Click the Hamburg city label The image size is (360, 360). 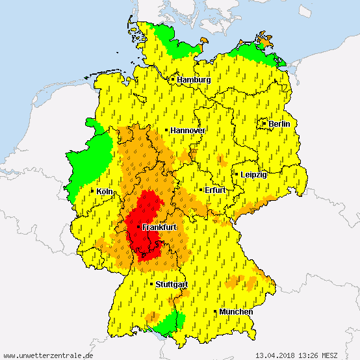pos(194,80)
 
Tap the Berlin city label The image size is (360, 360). pos(279,123)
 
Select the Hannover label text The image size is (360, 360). pos(188,131)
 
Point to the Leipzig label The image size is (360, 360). pos(253,175)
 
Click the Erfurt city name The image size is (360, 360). pos(214,190)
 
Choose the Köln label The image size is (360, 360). pos(104,192)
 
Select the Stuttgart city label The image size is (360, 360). pos(172,285)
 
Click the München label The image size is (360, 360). pos(236,313)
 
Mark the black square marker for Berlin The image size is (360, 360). pos(264,123)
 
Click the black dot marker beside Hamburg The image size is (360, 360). pos(172,79)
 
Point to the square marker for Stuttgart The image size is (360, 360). pos(151,284)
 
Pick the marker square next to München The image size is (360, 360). pos(215,312)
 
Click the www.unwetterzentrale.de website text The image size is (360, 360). pos(48,355)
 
